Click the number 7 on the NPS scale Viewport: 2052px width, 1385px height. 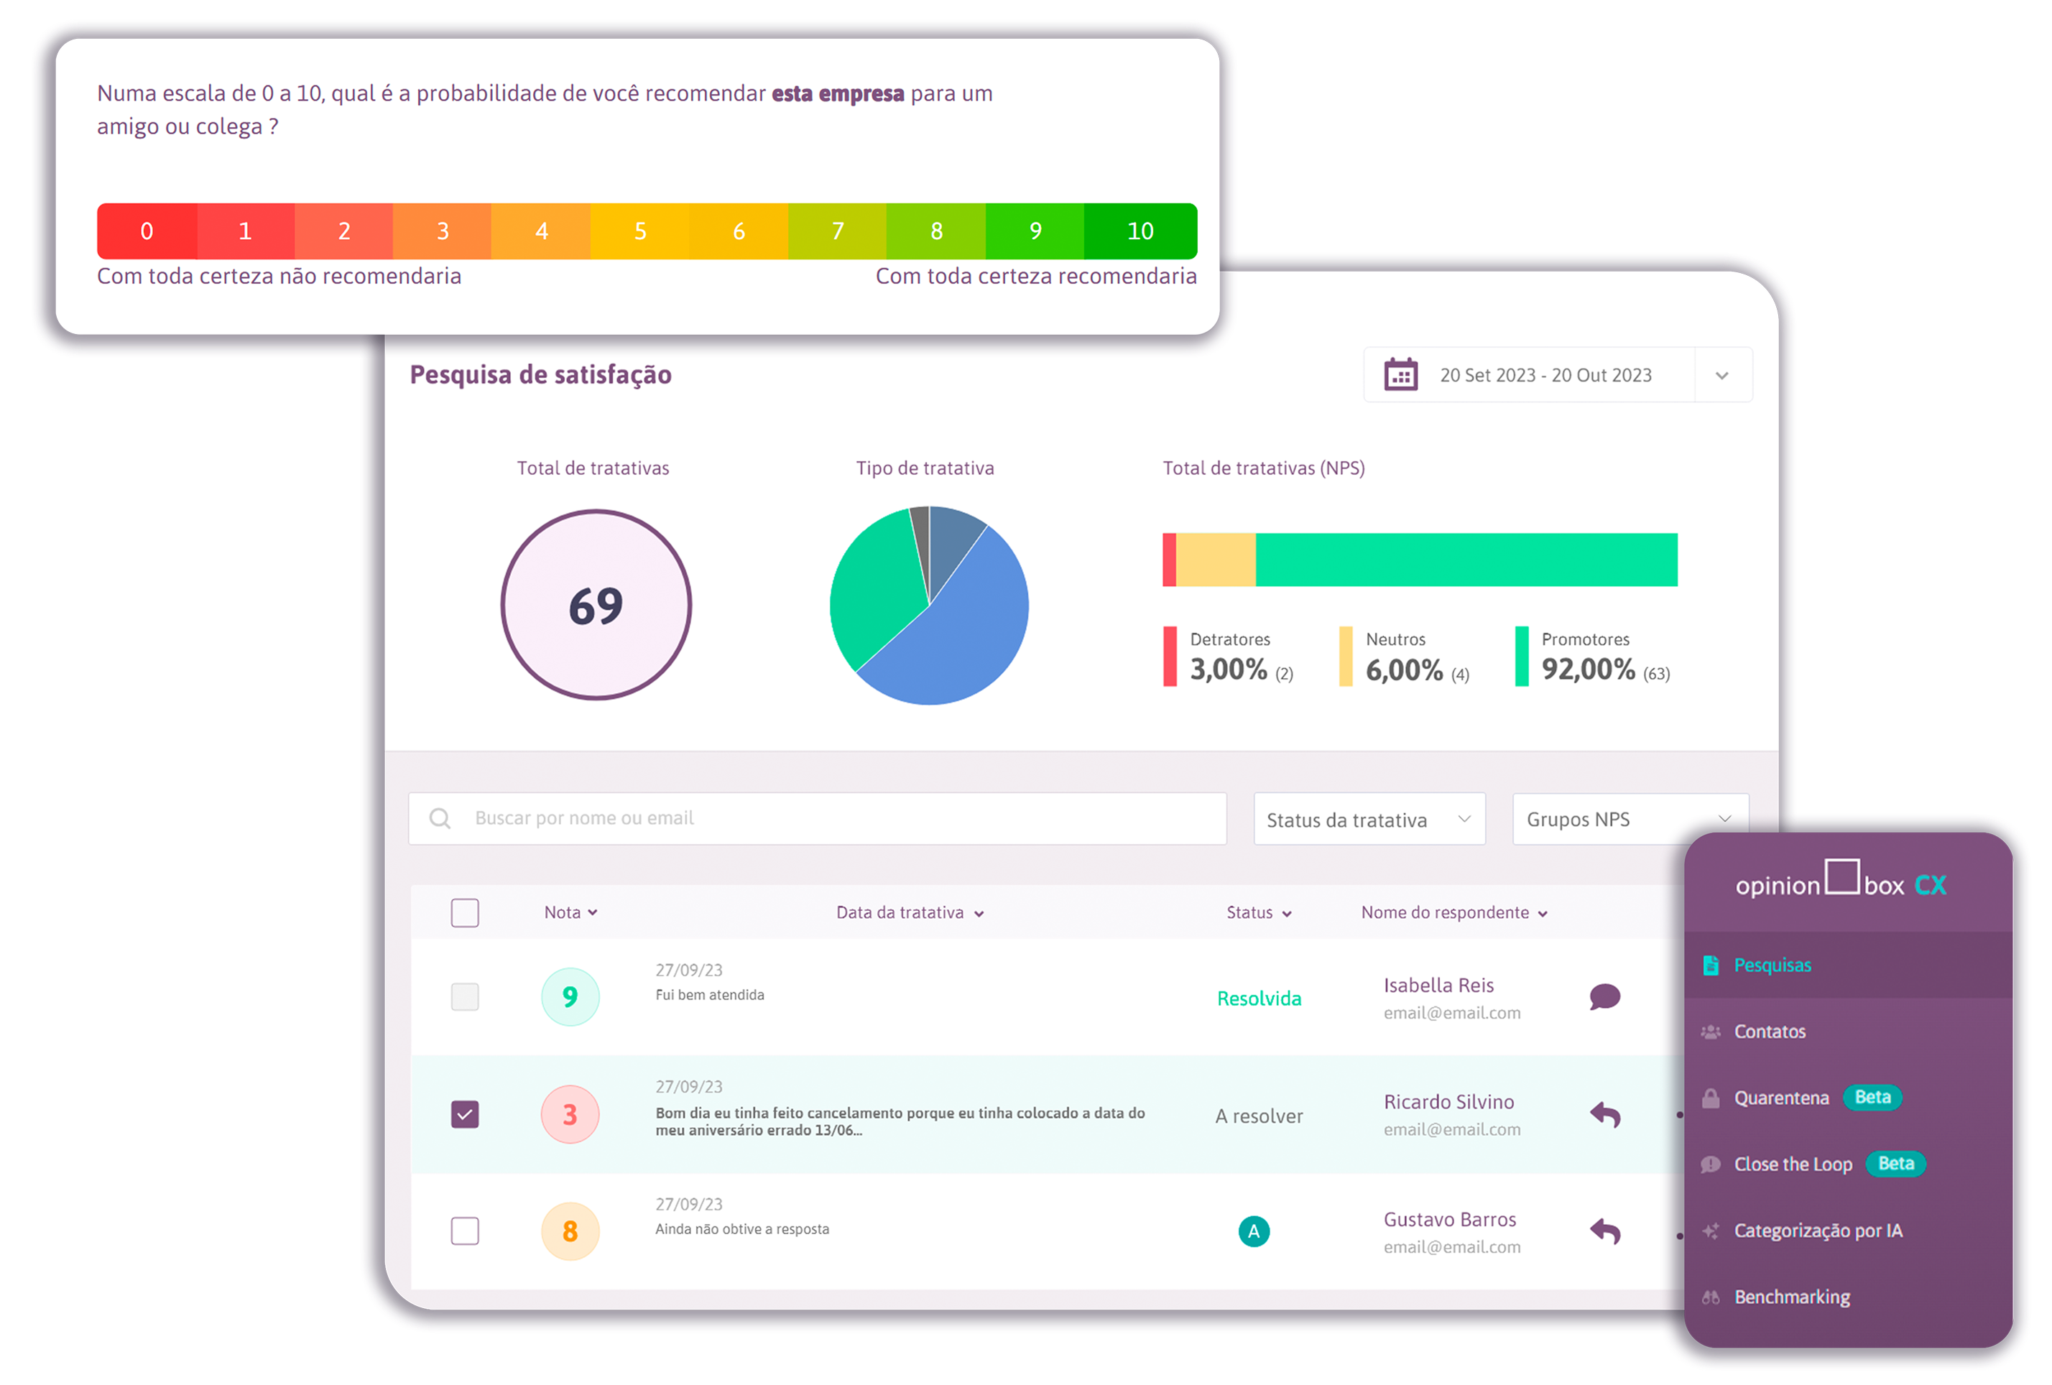tap(837, 231)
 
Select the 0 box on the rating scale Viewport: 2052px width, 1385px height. tap(147, 231)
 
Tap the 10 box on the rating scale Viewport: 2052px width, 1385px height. tap(1140, 231)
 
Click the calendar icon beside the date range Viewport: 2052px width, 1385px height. tap(1400, 374)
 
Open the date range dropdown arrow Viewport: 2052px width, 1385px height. tap(1721, 375)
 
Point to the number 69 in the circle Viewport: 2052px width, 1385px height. tap(596, 606)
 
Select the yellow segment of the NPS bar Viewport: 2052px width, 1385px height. tap(1215, 560)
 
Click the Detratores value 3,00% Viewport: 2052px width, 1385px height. tap(1228, 669)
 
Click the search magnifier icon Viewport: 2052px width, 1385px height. tap(440, 818)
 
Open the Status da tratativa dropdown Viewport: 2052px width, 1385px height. tap(1369, 819)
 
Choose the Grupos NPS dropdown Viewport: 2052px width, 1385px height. tap(1628, 819)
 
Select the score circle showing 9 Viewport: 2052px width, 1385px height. tap(570, 996)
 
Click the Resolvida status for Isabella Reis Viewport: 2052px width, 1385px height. tap(1258, 999)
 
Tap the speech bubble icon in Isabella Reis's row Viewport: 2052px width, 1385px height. tap(1604, 996)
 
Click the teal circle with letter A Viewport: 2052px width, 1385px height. tap(1254, 1231)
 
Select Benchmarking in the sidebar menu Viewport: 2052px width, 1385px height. tap(1791, 1297)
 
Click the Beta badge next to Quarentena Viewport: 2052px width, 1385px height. tap(1872, 1097)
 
